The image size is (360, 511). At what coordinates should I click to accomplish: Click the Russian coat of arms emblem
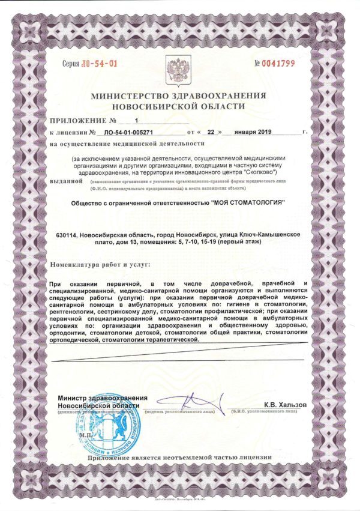[178, 71]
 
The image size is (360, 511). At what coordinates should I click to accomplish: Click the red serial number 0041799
[277, 62]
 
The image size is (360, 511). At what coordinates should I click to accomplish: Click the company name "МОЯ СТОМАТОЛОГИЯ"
[247, 203]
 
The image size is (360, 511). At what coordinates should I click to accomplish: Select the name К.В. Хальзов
[286, 405]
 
